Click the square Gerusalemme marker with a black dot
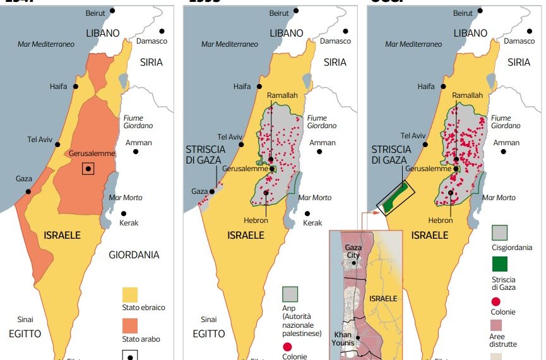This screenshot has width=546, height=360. click(x=88, y=168)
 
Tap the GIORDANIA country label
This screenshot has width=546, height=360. click(x=134, y=255)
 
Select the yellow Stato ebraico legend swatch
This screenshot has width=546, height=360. click(x=130, y=294)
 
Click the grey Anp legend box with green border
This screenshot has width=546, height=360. click(x=290, y=294)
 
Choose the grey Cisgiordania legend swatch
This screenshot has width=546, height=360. click(x=499, y=233)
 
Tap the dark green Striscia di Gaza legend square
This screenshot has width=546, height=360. click(x=499, y=263)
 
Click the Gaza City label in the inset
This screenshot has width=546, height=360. click(x=353, y=251)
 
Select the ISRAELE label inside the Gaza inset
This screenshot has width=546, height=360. click(x=383, y=298)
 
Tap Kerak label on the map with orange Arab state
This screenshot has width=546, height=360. click(x=129, y=223)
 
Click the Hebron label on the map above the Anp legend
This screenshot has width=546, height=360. click(x=256, y=220)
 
